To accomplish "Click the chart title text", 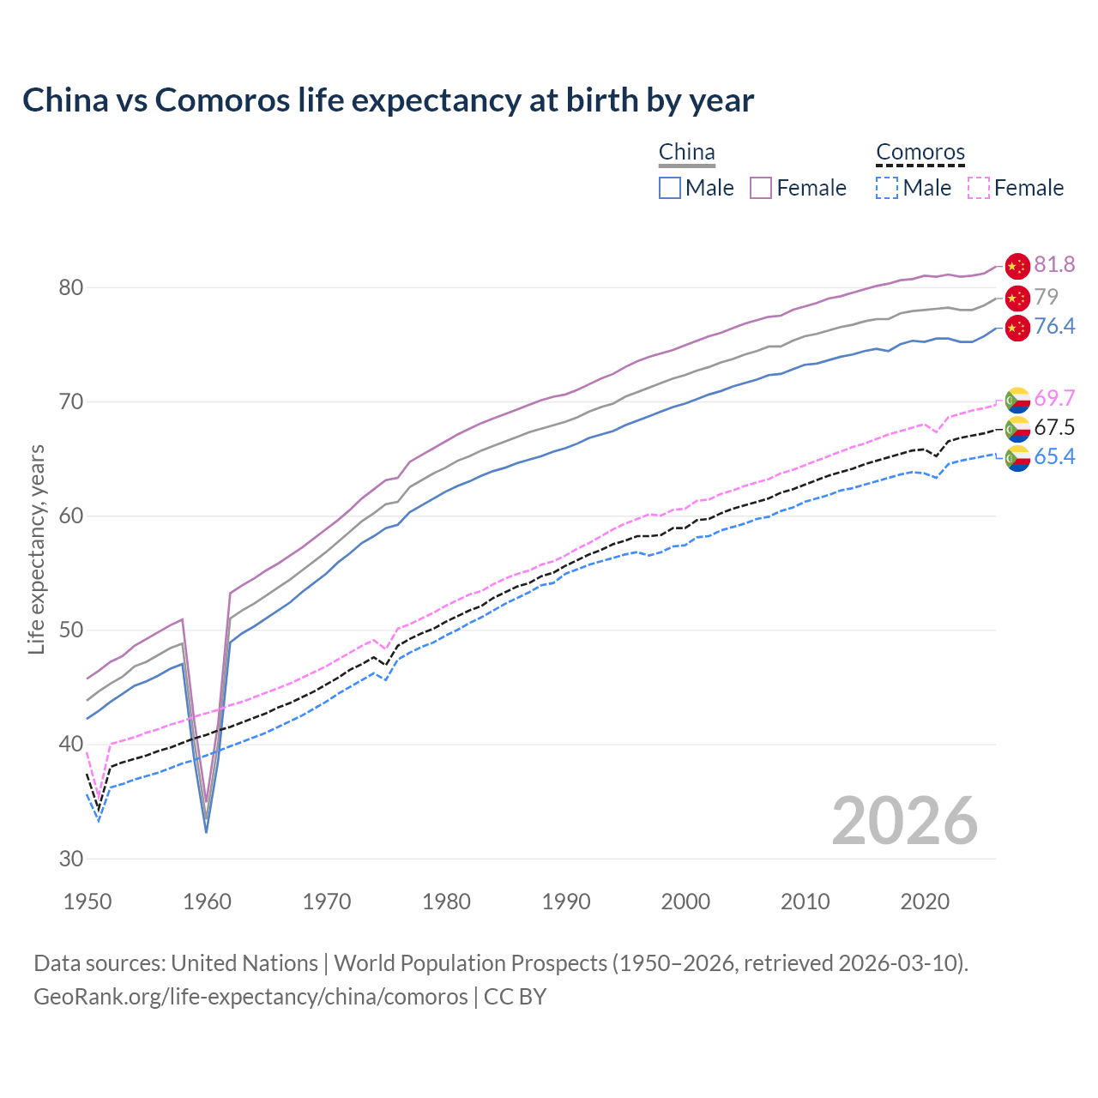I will pos(388,100).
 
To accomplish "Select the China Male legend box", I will pos(670,188).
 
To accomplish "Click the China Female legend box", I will pos(761,188).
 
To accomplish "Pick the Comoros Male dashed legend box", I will pos(887,188).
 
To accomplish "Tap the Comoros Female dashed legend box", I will pos(979,188).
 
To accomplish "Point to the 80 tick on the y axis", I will pos(71,287).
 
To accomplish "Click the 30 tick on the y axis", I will pos(71,859).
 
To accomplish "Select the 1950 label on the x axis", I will pos(88,902).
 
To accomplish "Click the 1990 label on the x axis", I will pos(566,902).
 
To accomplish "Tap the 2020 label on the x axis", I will pos(924,902).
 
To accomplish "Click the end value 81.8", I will pos(1054,265).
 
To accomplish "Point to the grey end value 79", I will pos(1046,297).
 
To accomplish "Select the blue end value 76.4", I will pos(1054,327).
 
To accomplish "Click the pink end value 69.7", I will pos(1054,399).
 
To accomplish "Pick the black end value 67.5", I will pos(1054,428).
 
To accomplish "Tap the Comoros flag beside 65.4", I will pos(1017,458).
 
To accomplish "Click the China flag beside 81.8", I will pos(1017,266).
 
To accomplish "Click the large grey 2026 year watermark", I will pos(905,821).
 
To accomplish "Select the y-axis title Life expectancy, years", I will pos(37,549).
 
